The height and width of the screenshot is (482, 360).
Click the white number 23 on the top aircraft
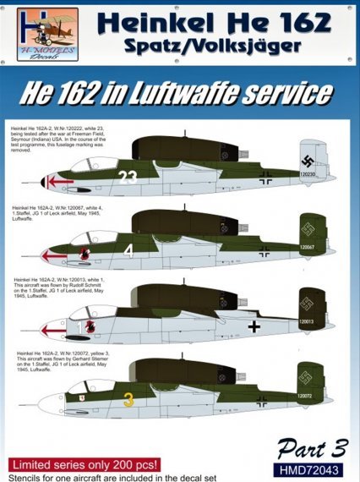point(128,178)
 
